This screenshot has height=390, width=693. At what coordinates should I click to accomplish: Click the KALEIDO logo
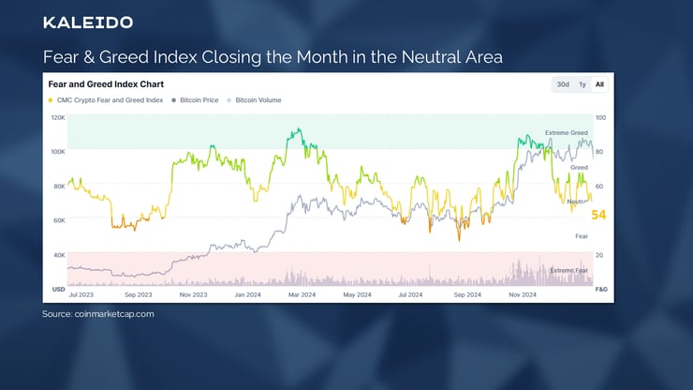coord(88,22)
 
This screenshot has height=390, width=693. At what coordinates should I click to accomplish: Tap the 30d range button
coord(562,84)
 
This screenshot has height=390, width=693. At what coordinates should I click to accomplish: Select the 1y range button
coord(582,84)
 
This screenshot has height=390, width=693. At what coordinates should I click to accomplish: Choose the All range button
coord(599,84)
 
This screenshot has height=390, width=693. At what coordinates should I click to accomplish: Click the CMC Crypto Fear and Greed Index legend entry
coord(105,99)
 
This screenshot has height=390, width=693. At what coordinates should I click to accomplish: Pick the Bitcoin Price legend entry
coord(199,99)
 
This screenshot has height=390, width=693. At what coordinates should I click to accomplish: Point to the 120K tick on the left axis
coord(58,118)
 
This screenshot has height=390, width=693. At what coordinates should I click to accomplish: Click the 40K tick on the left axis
coord(58,255)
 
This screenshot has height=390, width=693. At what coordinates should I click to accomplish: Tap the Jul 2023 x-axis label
coord(80,294)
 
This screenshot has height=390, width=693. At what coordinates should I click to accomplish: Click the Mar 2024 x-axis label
coord(301,294)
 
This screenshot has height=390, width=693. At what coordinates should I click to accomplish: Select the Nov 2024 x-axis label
coord(522,294)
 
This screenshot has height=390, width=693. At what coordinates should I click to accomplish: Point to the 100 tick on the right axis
coord(600,118)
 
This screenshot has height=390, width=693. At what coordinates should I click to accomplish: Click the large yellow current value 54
coord(598,216)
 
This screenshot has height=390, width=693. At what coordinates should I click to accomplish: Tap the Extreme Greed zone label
coord(567,133)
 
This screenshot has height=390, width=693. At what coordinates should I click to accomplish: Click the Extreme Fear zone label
coord(568,270)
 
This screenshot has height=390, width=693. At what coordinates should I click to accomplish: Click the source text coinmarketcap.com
coord(113,314)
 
